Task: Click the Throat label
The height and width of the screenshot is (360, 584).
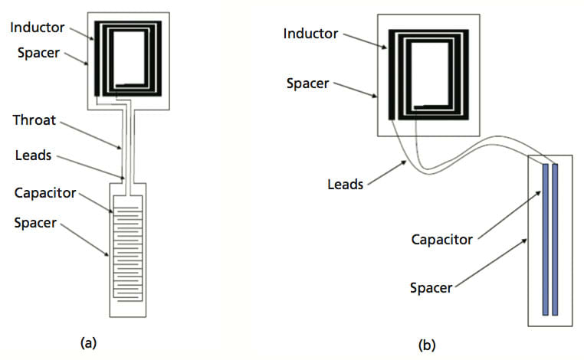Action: tap(35, 120)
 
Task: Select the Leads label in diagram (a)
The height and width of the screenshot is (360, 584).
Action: tap(32, 155)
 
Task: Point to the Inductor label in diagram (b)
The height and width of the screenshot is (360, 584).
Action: tap(310, 34)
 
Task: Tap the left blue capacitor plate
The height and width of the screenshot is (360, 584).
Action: tap(546, 238)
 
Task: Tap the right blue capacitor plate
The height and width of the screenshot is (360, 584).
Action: tap(556, 238)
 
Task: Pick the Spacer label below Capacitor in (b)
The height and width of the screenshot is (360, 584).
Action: tap(431, 288)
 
